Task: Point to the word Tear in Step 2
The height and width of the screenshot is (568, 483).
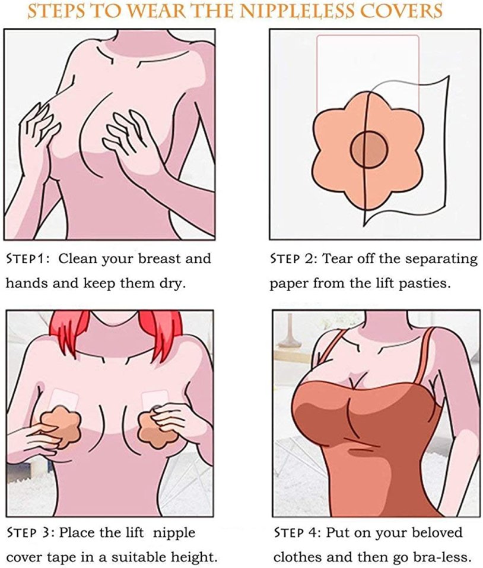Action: click(337, 259)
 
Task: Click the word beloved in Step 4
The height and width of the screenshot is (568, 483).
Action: click(437, 533)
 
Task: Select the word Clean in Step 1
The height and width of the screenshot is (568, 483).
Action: click(78, 259)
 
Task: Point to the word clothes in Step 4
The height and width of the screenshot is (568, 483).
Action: click(296, 557)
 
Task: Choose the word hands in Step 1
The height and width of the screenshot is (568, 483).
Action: click(26, 283)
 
